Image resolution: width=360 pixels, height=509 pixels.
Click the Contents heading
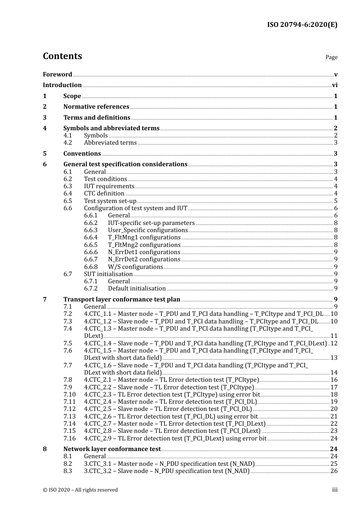(x=62, y=56)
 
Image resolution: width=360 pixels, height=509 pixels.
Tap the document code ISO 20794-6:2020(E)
(x=302, y=25)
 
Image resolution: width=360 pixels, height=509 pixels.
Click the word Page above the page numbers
(x=331, y=57)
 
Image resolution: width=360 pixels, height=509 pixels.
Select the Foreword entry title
(x=57, y=75)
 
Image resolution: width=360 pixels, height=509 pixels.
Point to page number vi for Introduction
(x=335, y=85)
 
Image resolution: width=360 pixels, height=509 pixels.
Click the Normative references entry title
(x=96, y=107)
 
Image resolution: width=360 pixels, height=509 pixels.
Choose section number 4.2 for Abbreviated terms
(x=67, y=143)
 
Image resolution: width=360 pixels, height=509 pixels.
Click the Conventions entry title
(x=82, y=154)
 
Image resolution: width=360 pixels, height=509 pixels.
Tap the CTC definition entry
(x=104, y=194)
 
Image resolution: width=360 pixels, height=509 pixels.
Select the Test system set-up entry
(x=110, y=201)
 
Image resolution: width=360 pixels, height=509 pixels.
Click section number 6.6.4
(x=91, y=237)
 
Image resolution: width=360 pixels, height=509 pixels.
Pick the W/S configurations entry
(x=135, y=267)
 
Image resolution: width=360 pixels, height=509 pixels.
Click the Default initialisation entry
(x=137, y=289)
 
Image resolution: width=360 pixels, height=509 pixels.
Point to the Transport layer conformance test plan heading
(x=122, y=300)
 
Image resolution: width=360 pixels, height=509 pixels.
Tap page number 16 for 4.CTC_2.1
(x=334, y=380)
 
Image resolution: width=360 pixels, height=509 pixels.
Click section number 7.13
(x=69, y=417)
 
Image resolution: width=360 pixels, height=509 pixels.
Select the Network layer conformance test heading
(x=112, y=449)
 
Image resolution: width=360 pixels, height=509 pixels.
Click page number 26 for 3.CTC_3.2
(x=334, y=471)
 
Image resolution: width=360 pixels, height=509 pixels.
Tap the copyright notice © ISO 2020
(x=80, y=490)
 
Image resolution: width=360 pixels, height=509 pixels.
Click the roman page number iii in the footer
(x=335, y=490)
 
